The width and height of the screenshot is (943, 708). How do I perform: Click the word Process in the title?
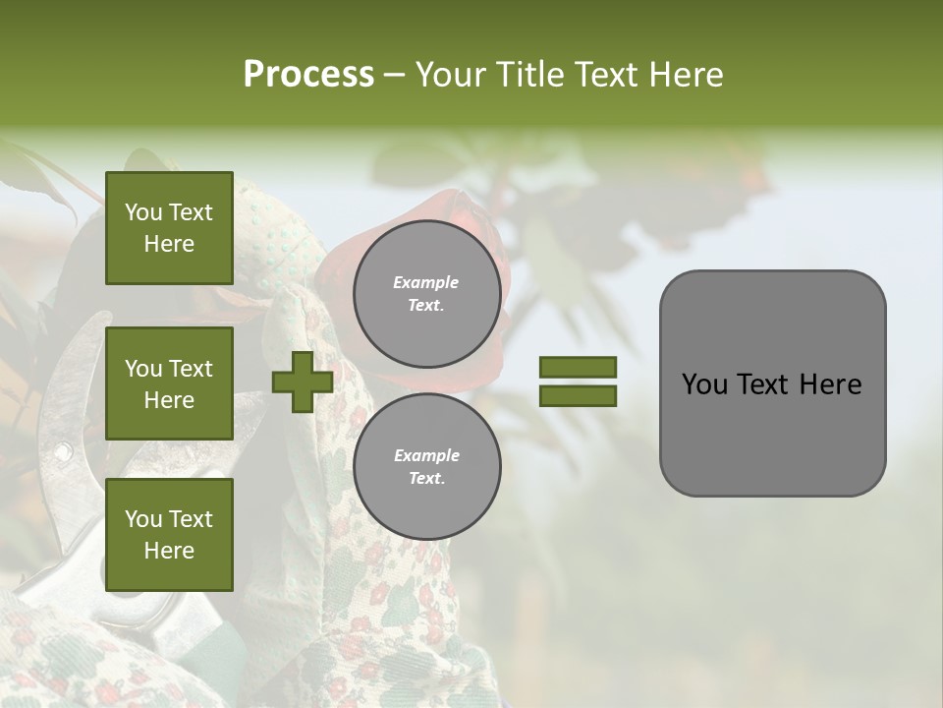pos(308,75)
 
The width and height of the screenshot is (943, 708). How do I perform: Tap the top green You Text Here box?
pos(169,228)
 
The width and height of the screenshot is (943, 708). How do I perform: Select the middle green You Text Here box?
pos(169,383)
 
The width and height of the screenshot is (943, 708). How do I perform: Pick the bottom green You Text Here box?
pos(169,534)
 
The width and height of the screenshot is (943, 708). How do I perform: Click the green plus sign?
pos(303,382)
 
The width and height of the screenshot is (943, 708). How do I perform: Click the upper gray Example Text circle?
pos(426,294)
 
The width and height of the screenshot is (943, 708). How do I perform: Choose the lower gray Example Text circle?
pos(426,467)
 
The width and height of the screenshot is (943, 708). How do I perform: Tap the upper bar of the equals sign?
pos(578,368)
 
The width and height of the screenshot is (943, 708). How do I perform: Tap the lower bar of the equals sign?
pos(578,395)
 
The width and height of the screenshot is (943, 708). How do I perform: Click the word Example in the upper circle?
pos(426,282)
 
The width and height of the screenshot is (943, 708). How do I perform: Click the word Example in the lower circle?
pos(426,455)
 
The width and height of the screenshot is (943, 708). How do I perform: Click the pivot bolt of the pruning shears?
pos(63,452)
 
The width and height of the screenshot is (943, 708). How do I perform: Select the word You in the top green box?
pos(142,212)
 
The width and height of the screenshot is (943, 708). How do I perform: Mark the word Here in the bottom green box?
pos(169,551)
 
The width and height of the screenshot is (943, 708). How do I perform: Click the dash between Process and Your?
pos(394,76)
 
